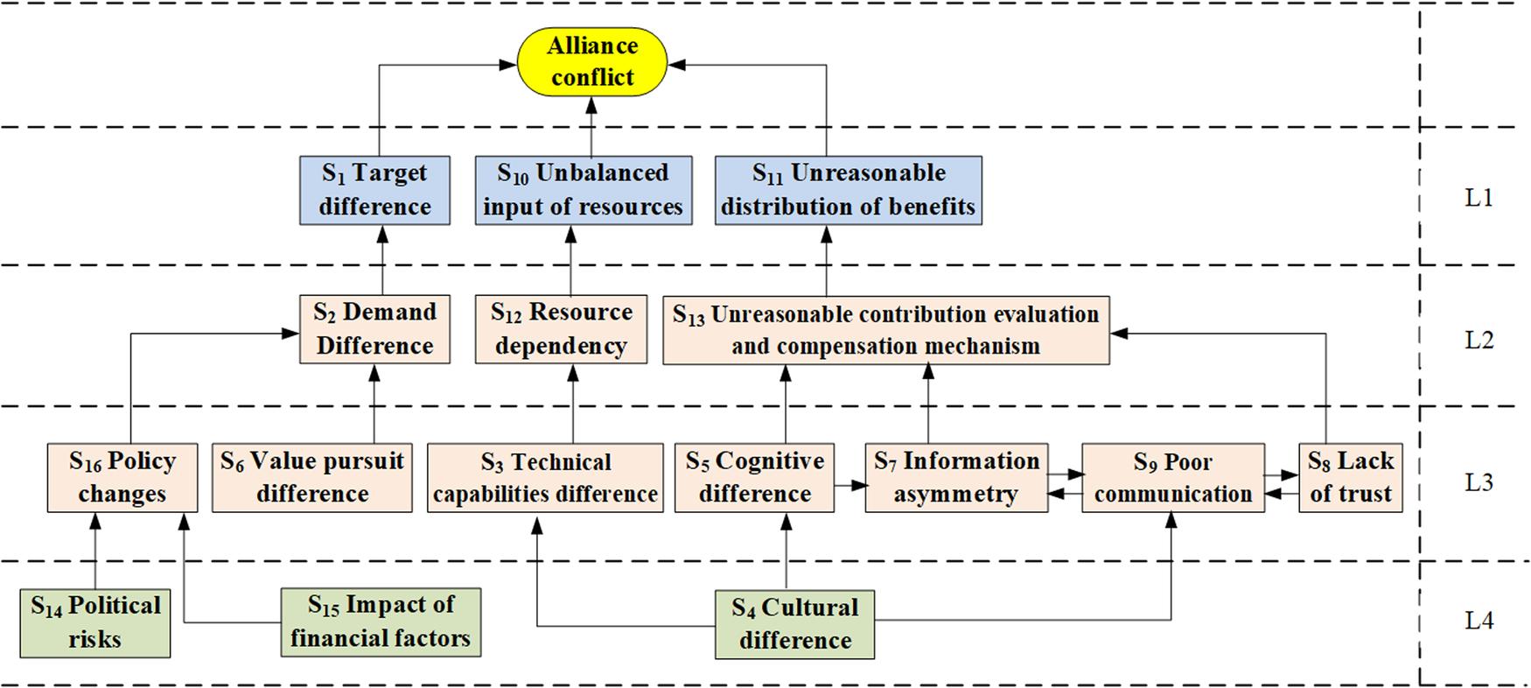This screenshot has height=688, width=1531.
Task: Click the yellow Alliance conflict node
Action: click(x=591, y=61)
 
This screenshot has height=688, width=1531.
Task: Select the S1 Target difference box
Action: click(x=374, y=190)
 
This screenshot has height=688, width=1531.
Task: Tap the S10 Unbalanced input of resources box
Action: click(x=583, y=190)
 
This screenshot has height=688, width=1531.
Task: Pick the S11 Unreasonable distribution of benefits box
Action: click(x=848, y=190)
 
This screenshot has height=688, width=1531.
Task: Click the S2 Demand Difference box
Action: click(x=374, y=329)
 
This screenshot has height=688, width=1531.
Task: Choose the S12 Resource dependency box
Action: click(x=561, y=329)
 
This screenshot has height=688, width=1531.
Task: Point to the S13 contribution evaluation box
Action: click(x=885, y=330)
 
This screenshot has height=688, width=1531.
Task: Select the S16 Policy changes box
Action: click(x=122, y=477)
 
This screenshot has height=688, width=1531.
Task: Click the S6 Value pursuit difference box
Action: click(x=311, y=477)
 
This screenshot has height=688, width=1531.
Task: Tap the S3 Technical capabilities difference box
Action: click(x=544, y=478)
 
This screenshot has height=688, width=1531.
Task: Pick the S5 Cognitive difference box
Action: click(x=754, y=477)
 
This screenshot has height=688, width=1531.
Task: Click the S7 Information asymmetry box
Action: click(x=955, y=477)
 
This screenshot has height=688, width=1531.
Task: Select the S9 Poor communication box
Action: click(x=1172, y=478)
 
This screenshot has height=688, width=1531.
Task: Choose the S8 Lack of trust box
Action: click(x=1350, y=477)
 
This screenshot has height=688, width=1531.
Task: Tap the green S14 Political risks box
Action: click(x=94, y=622)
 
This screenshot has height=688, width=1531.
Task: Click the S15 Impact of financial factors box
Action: click(x=381, y=621)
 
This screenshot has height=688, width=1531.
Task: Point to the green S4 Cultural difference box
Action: click(x=794, y=624)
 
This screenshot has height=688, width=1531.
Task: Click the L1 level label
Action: click(x=1479, y=198)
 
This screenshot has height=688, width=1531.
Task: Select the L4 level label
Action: click(x=1479, y=621)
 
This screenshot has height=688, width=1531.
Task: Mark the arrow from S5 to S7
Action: click(x=849, y=485)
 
